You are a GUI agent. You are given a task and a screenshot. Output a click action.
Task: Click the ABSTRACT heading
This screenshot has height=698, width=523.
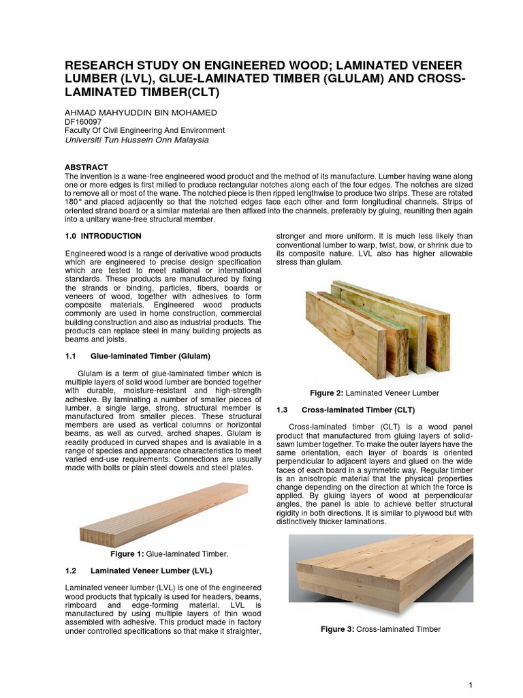coord(86,166)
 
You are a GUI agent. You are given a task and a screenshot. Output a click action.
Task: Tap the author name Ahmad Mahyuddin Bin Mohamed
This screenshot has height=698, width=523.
coord(142,112)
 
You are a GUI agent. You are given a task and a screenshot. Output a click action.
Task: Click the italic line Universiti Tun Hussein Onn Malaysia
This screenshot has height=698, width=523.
coord(137,140)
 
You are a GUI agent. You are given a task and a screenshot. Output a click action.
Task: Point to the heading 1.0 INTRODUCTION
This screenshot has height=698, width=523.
coord(103,236)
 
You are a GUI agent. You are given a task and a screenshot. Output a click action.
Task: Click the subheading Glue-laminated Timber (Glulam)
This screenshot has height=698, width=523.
coord(150,356)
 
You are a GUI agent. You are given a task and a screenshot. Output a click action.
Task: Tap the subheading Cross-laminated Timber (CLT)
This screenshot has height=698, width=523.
coord(358,409)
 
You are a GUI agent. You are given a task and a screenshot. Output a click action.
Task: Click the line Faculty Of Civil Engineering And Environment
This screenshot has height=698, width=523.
coord(144,130)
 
